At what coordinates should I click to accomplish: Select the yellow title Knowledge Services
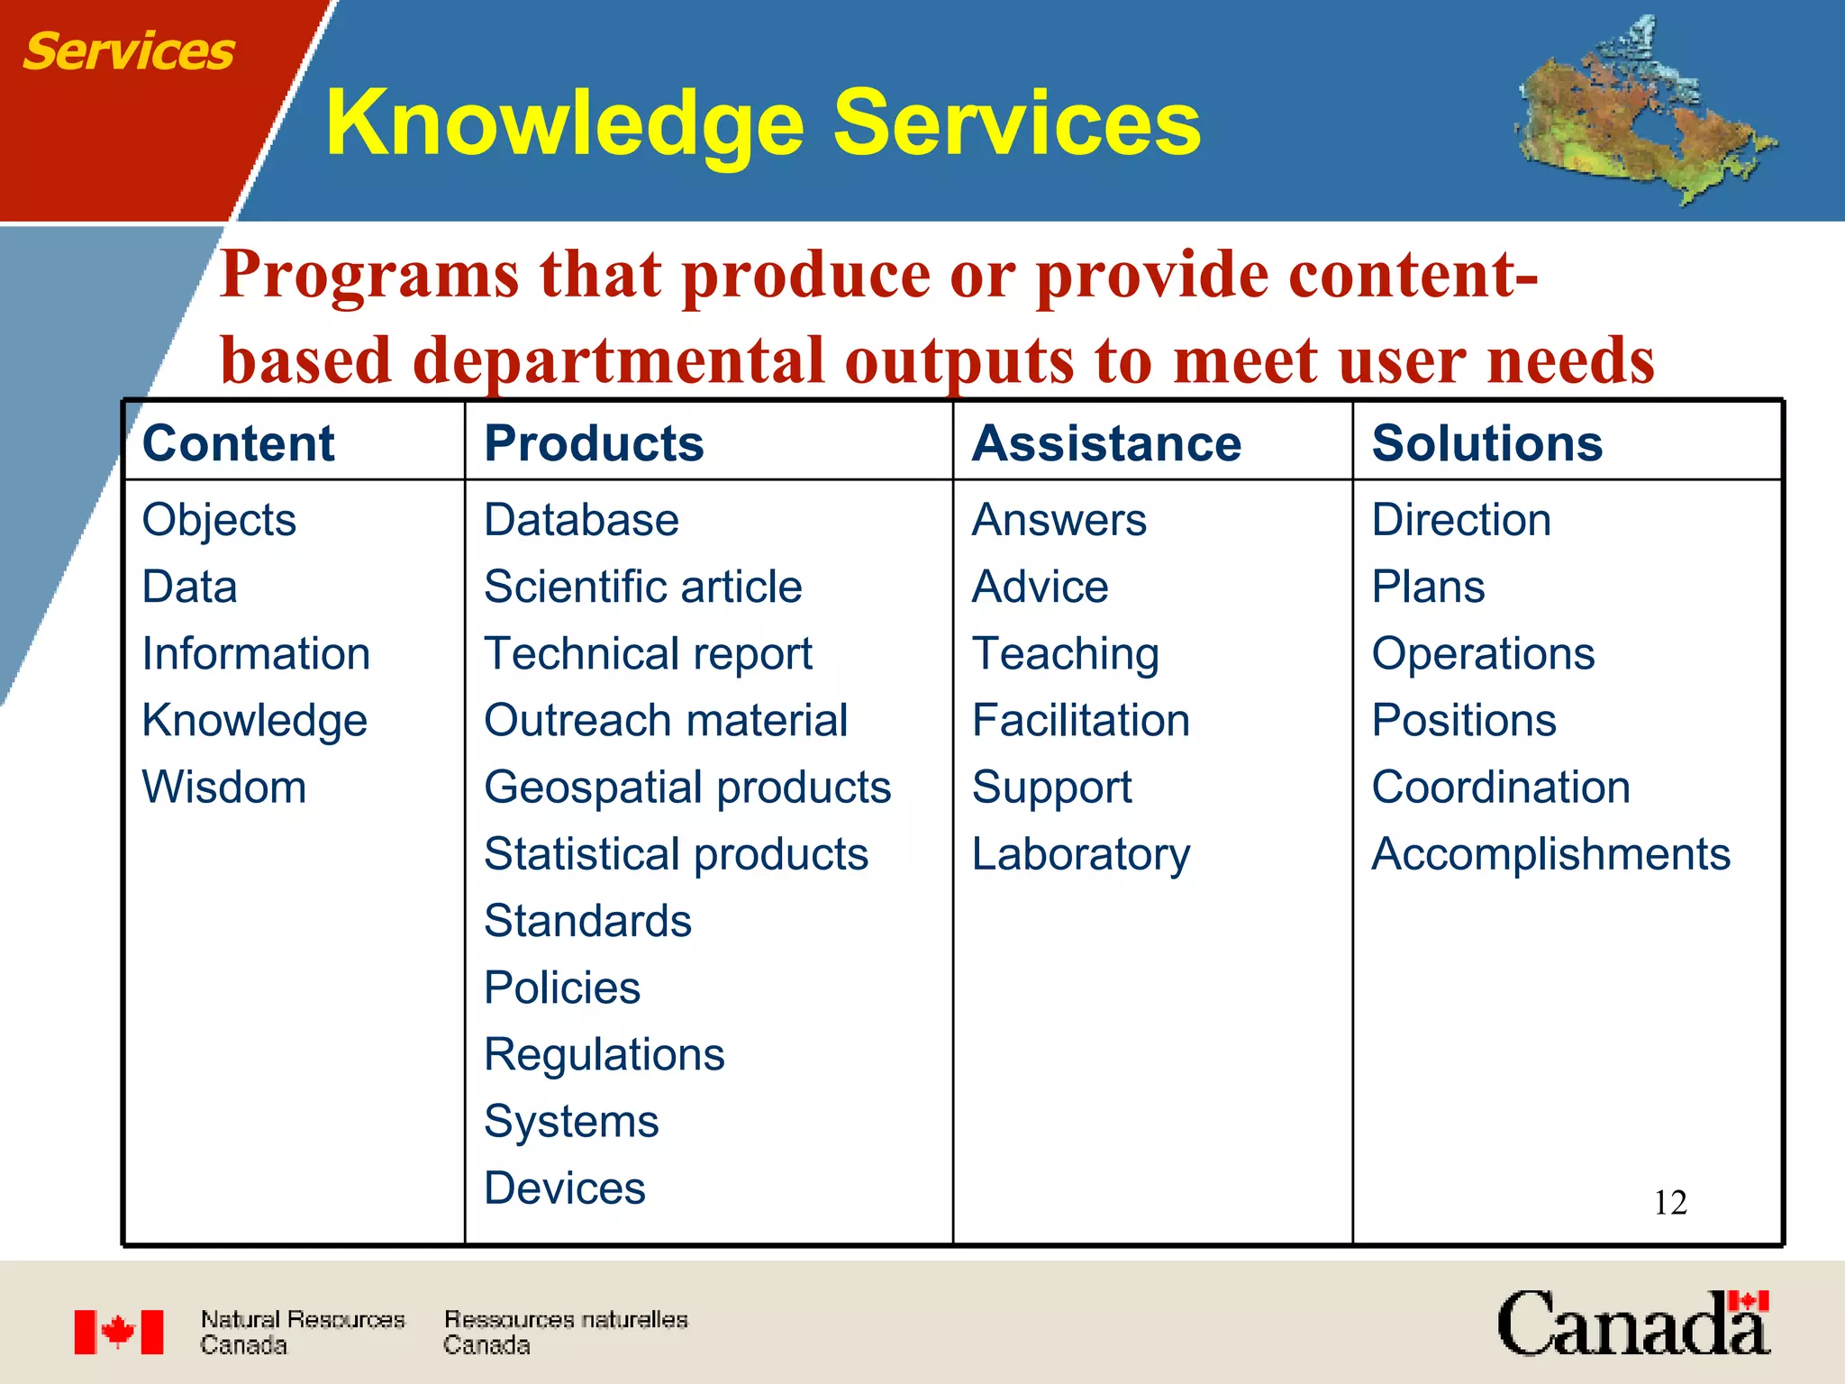(x=762, y=123)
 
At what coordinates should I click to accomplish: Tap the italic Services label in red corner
(x=128, y=51)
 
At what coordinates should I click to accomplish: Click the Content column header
(x=238, y=443)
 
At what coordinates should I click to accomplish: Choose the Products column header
(x=594, y=443)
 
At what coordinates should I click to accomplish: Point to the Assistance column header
(x=1106, y=443)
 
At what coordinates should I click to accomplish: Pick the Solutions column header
(x=1486, y=443)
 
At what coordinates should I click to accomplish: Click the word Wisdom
(x=224, y=787)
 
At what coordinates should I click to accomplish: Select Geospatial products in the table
(x=687, y=787)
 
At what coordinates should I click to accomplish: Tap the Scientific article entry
(x=642, y=587)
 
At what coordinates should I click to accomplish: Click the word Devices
(x=565, y=1188)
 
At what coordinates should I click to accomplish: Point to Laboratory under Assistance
(x=1081, y=854)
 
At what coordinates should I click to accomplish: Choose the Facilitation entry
(x=1081, y=721)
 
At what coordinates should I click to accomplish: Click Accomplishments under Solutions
(x=1550, y=854)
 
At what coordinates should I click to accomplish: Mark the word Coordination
(x=1501, y=787)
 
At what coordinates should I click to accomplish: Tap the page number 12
(x=1670, y=1203)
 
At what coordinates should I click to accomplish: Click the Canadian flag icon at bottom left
(x=119, y=1332)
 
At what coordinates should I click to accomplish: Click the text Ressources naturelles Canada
(x=565, y=1332)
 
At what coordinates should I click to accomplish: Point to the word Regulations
(x=604, y=1054)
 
